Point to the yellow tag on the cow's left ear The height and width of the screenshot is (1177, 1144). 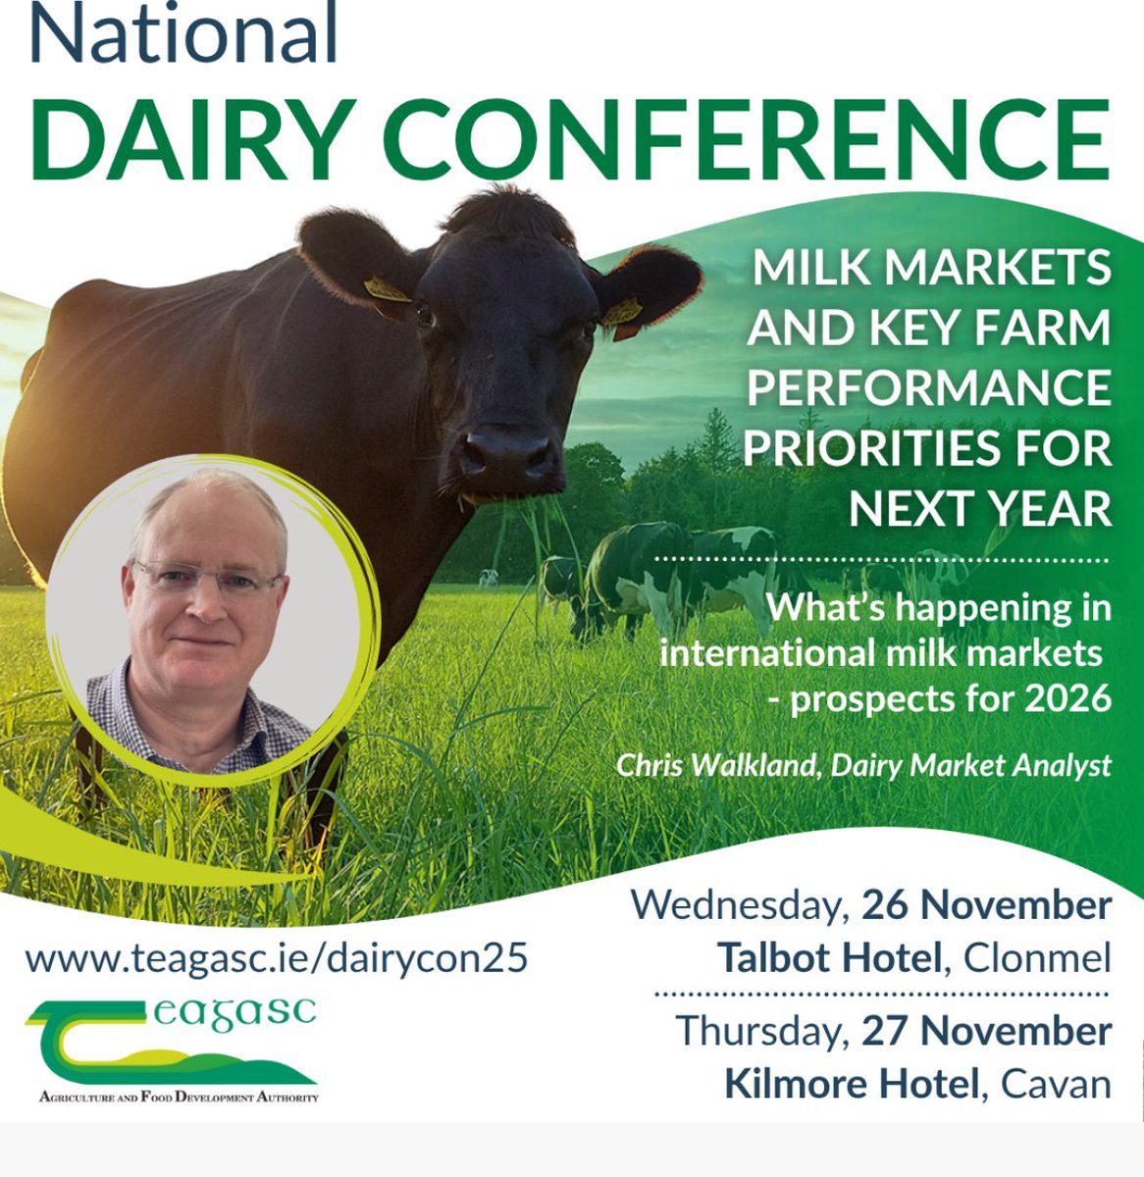(622, 312)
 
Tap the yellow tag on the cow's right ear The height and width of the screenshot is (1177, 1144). (386, 290)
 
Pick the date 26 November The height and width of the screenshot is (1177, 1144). (986, 905)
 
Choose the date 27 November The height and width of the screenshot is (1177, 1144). (986, 1031)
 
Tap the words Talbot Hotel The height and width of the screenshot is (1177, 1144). (829, 957)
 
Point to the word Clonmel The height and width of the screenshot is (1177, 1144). (1038, 957)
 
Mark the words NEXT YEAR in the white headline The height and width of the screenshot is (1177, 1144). (979, 509)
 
